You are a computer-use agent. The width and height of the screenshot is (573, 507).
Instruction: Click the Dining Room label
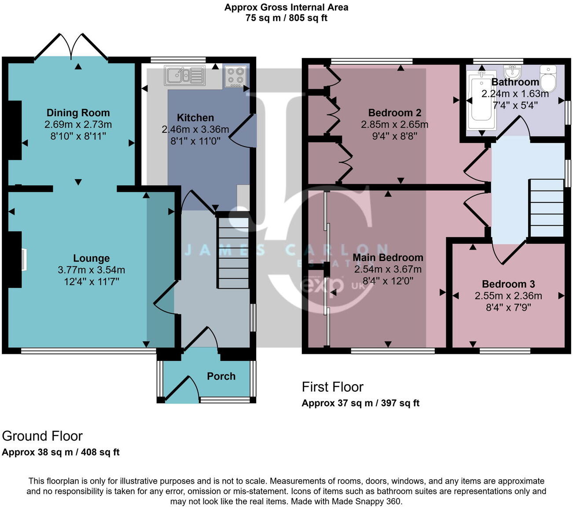point(78,113)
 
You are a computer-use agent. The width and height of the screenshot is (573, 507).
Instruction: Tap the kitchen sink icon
point(185,75)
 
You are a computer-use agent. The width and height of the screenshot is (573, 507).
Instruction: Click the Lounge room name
point(91,258)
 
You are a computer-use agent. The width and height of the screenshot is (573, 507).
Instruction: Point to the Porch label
point(221,376)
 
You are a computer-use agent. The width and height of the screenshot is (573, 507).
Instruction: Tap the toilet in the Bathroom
point(548,78)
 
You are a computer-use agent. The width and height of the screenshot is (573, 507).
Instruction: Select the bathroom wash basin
point(513,71)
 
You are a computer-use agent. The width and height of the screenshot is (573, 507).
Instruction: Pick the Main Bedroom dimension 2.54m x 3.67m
point(388,269)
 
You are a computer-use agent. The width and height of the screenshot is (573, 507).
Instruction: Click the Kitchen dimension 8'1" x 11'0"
point(195,141)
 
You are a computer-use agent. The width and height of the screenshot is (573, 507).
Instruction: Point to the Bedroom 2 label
point(394,113)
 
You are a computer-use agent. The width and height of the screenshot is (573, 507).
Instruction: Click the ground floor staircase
point(233,251)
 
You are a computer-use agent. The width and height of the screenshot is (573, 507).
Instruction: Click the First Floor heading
point(332,387)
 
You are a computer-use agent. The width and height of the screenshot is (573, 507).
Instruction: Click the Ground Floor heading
point(42,436)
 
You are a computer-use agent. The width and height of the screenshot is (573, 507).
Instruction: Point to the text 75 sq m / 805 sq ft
point(286,18)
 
